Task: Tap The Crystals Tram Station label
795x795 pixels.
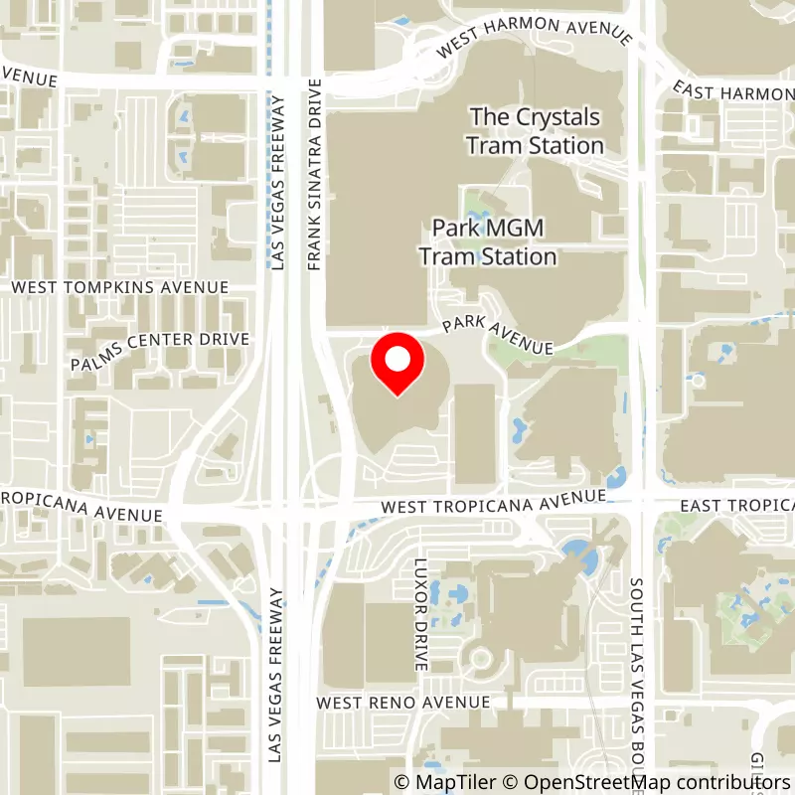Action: tap(536, 131)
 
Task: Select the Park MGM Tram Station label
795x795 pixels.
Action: tap(487, 242)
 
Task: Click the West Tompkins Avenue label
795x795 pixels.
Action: tap(120, 287)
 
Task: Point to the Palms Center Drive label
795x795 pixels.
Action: tap(160, 352)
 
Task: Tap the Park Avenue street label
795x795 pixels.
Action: tap(498, 334)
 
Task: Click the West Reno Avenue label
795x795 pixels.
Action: tap(403, 703)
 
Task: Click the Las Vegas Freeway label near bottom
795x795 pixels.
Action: tap(277, 676)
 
